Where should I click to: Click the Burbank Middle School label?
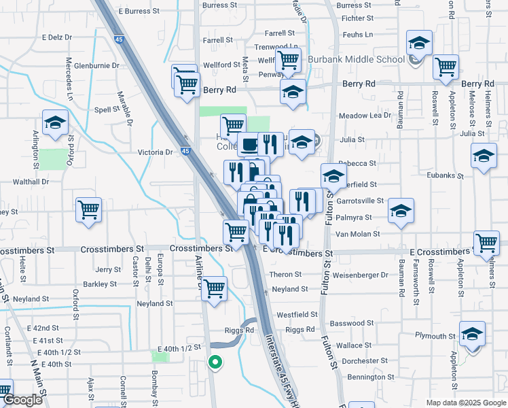[x=356, y=59]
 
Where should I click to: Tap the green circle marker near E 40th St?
[x=215, y=362]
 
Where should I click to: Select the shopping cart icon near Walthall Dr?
[x=89, y=210]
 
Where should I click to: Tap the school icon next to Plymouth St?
[x=472, y=335]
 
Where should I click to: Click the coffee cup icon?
[x=249, y=145]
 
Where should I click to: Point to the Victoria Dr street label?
[x=156, y=152]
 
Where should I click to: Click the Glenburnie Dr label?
[x=96, y=66]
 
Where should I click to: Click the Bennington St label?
[x=371, y=377]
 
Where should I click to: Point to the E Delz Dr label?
[x=56, y=37]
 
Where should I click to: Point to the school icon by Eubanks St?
[x=483, y=157]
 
